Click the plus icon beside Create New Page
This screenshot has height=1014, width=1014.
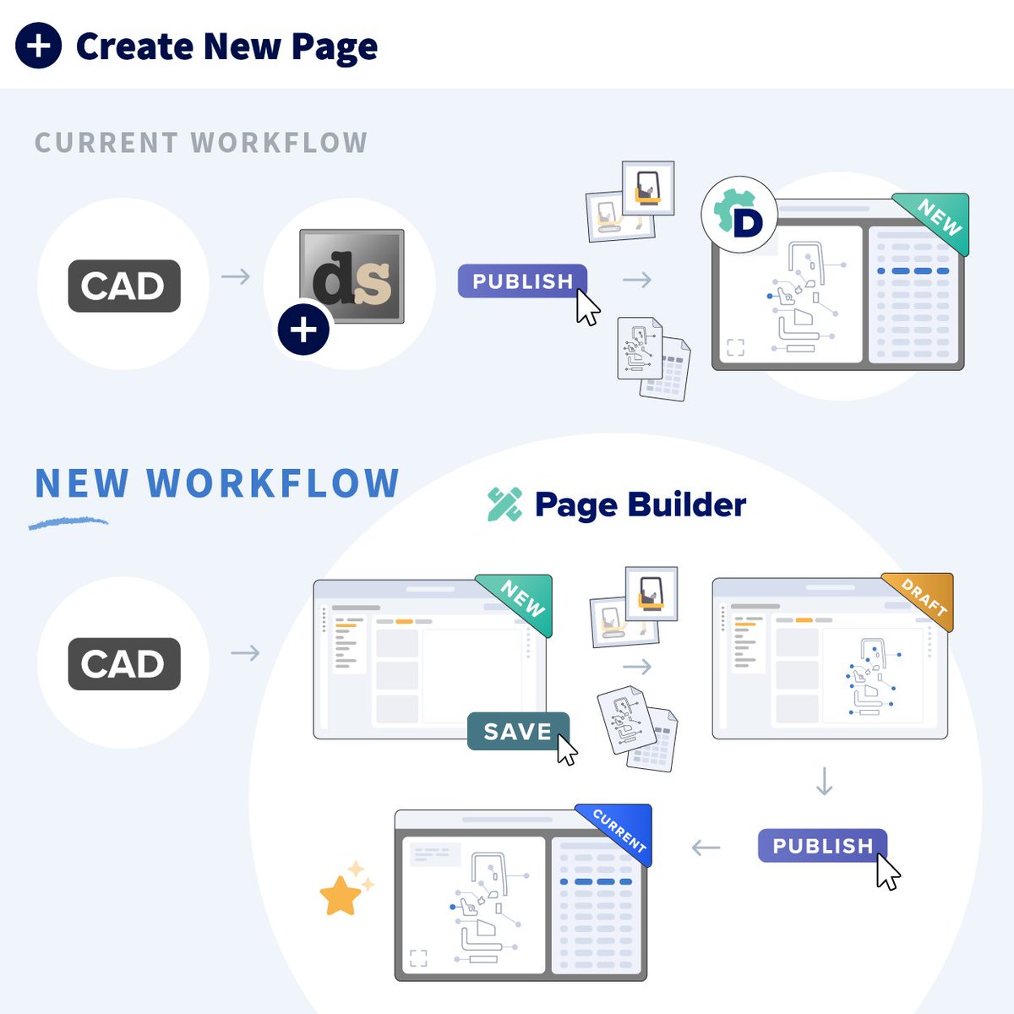[x=39, y=46]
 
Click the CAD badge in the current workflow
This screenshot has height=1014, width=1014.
[x=124, y=286]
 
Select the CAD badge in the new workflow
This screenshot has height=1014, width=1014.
[x=124, y=664]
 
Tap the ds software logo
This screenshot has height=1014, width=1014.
[x=352, y=276]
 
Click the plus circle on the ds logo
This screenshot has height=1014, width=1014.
[x=303, y=330]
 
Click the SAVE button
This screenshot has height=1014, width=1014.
[x=517, y=731]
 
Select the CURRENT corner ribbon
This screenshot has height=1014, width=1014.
[x=622, y=830]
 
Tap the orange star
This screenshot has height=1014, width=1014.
[x=341, y=896]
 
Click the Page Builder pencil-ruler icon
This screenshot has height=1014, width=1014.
[x=505, y=504]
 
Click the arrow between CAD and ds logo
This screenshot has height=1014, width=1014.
[x=236, y=276]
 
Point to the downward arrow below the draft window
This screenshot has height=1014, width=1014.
[x=825, y=782]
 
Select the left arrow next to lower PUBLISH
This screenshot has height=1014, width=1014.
[x=706, y=848]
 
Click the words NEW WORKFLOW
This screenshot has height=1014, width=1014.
[x=217, y=483]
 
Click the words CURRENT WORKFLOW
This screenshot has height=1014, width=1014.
[x=201, y=143]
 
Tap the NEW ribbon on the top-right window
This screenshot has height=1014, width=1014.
[x=939, y=218]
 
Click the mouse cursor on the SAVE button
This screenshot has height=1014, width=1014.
[x=566, y=750]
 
